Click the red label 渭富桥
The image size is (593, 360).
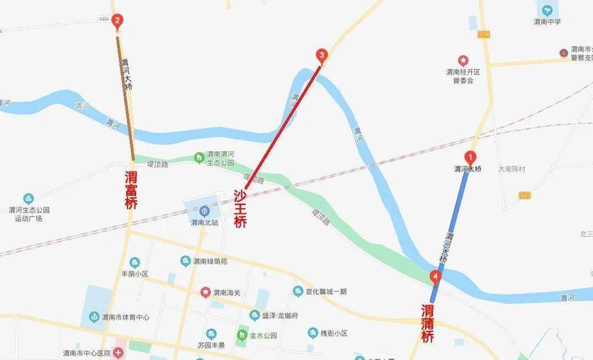pos(130,190)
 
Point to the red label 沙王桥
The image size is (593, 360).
pos(240,209)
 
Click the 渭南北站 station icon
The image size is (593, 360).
pos(205,211)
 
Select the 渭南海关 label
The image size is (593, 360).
pos(227,292)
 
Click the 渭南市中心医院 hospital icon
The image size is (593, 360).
pos(118,353)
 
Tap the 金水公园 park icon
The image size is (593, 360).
pos(243,336)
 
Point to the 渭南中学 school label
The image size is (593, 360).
pos(547,22)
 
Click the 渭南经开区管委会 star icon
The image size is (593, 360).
pos(463,60)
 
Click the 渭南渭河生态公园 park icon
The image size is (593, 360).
pos(200,158)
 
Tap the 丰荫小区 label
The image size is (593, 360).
pos(133,274)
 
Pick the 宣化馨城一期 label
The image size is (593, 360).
pos(325,292)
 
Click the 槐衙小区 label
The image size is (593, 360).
pos(333,333)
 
